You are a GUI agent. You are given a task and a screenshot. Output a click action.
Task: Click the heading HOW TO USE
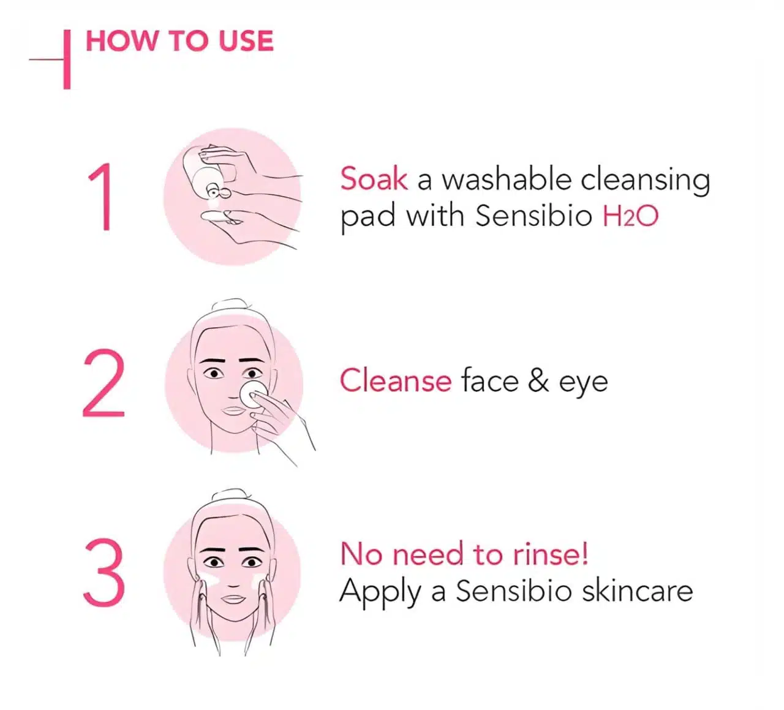click(x=179, y=41)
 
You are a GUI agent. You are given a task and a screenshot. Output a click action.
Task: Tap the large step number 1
click(x=101, y=197)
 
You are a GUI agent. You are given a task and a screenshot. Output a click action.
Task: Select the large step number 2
click(x=104, y=383)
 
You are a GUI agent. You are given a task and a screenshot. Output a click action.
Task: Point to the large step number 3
click(x=104, y=572)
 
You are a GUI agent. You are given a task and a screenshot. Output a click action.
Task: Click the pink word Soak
click(x=374, y=179)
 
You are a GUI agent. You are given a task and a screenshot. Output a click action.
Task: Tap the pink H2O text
click(x=630, y=216)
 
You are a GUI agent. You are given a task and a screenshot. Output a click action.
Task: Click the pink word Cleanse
click(x=396, y=380)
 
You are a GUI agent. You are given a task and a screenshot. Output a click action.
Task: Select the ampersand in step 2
click(x=538, y=380)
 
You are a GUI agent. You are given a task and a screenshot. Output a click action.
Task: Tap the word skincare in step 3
click(x=637, y=591)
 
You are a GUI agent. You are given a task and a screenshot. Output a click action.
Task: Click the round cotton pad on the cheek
click(x=253, y=394)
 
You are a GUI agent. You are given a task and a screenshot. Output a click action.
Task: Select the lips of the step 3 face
click(x=233, y=599)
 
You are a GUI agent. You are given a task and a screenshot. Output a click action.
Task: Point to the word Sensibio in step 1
click(x=533, y=216)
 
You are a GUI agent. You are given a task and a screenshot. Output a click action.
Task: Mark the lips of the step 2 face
click(x=233, y=411)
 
